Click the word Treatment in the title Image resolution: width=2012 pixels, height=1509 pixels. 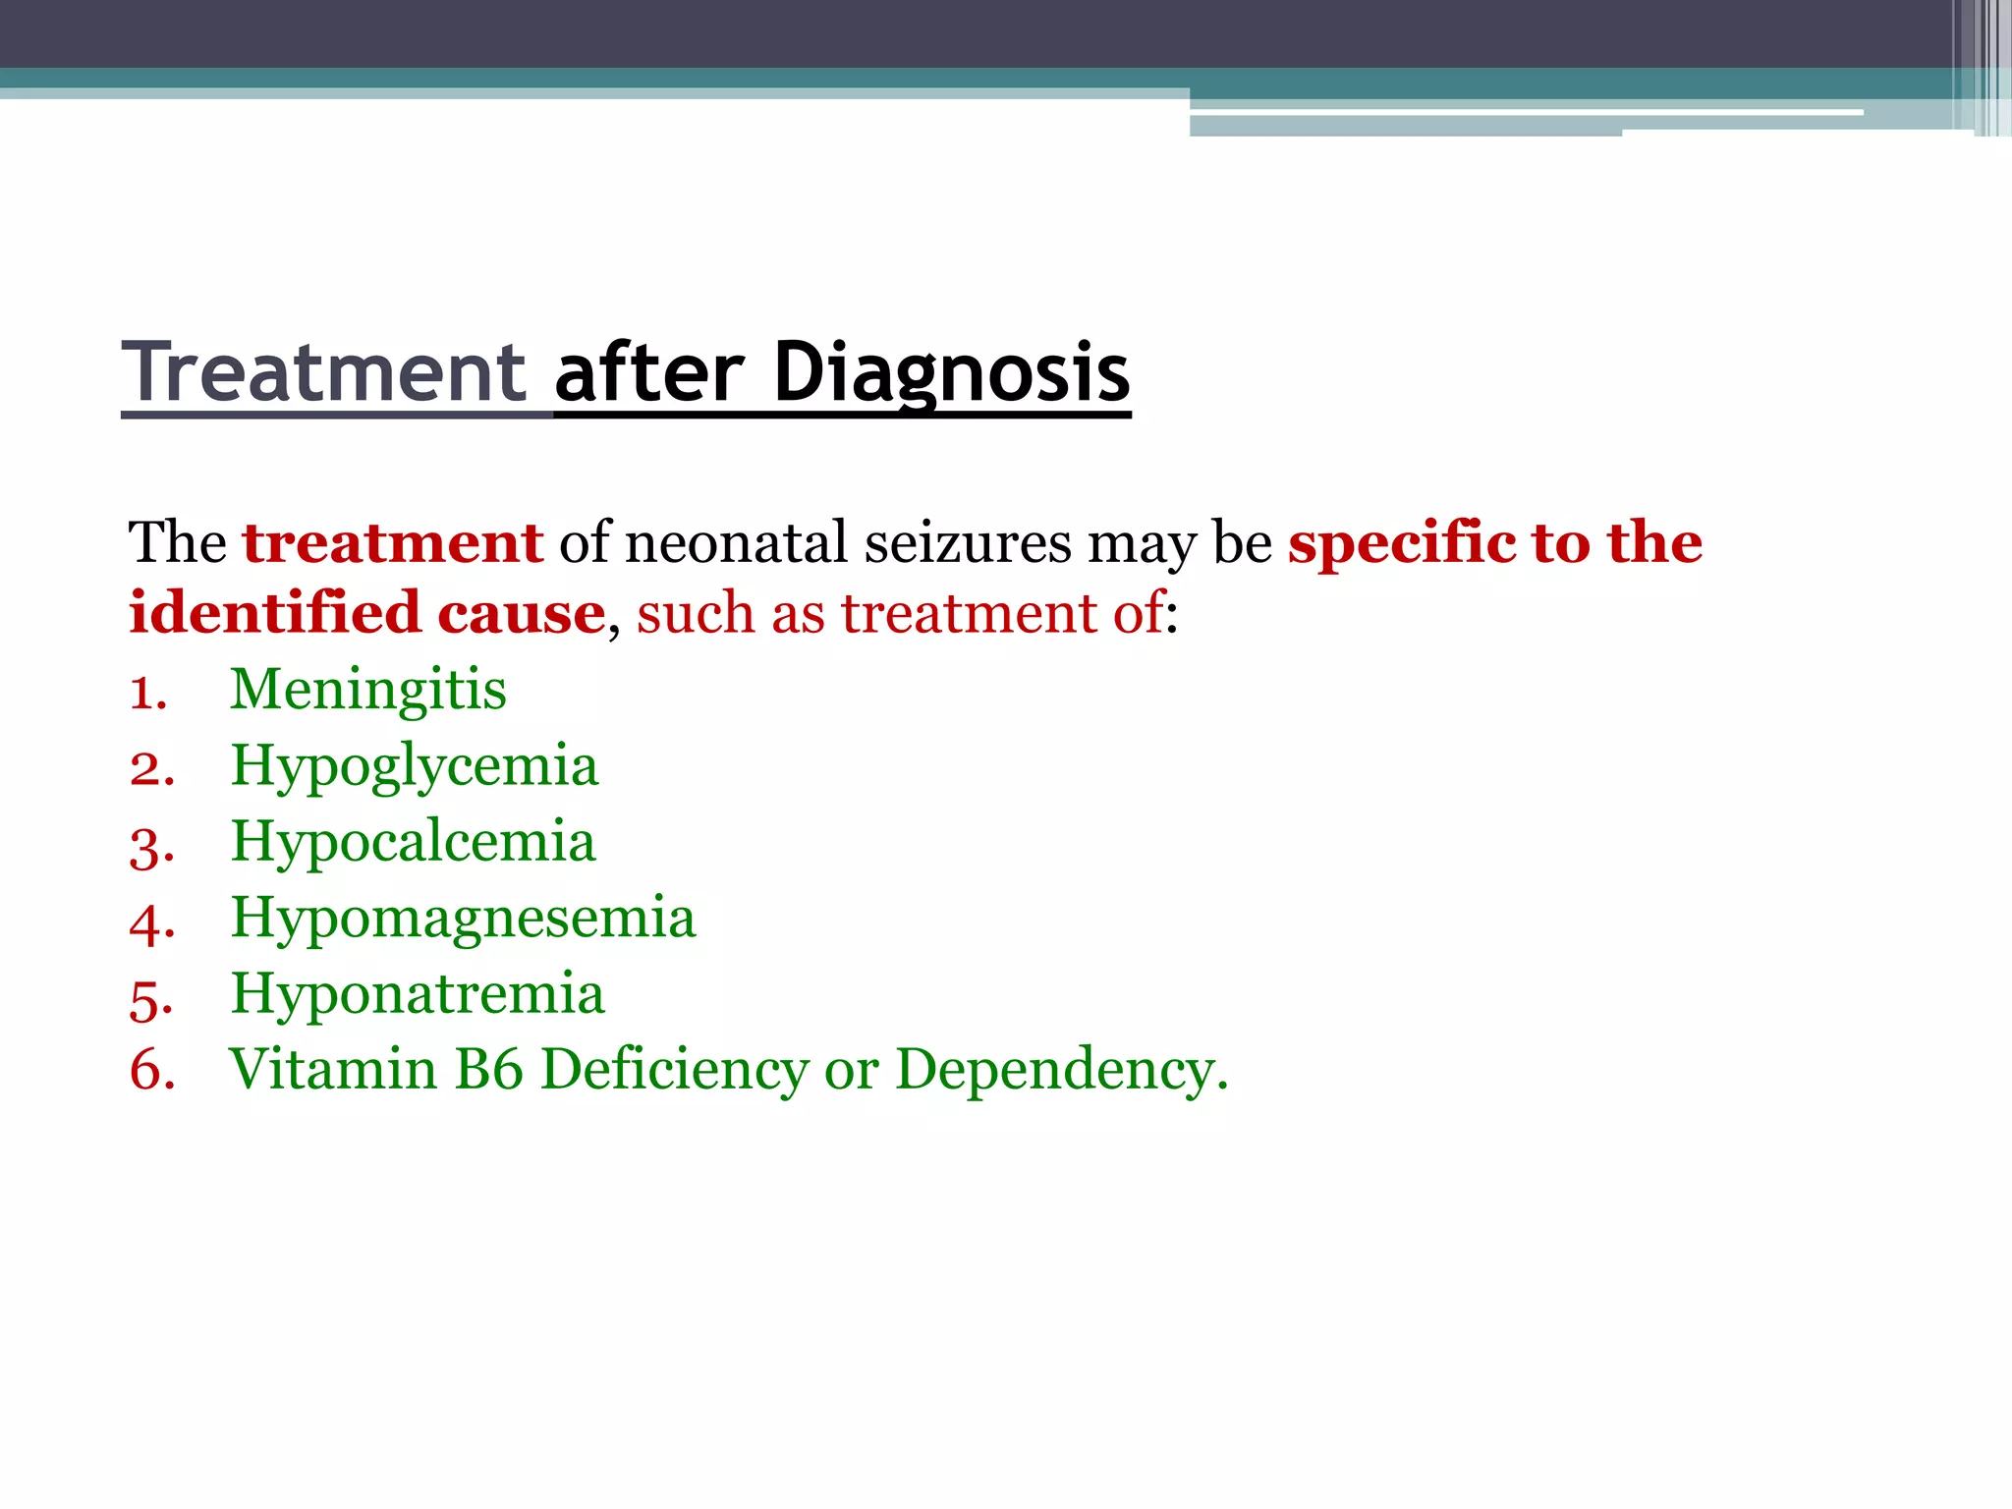pos(324,372)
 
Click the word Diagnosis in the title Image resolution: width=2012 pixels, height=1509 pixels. pos(951,372)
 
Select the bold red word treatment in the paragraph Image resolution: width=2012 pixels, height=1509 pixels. pos(393,542)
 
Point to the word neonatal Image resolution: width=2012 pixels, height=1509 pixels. pos(736,542)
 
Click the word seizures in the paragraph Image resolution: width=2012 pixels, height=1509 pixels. pos(967,542)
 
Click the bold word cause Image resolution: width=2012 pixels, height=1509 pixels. pos(521,615)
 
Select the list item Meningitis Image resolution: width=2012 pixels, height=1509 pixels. pos(367,689)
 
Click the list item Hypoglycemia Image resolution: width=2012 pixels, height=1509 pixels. pos(414,766)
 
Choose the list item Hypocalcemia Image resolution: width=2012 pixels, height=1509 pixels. pos(413,842)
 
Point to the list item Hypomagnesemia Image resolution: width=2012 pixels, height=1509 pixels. pos(463,919)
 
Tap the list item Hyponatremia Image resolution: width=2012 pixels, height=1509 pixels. pos(417,993)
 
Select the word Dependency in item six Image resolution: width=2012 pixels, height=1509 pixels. pos(1061,1071)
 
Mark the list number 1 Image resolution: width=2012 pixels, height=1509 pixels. pos(145,694)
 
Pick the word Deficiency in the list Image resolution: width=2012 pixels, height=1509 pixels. pos(674,1070)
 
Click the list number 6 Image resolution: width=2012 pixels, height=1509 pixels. pos(149,1071)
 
